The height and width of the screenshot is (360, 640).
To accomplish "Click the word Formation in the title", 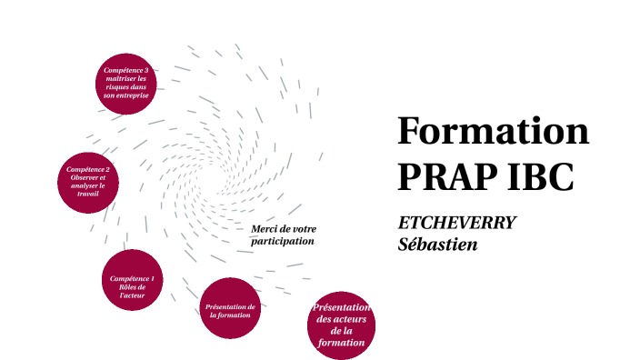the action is [494, 133].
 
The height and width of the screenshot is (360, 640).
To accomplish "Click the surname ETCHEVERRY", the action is [457, 224].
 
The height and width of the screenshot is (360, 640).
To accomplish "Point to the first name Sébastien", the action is [438, 244].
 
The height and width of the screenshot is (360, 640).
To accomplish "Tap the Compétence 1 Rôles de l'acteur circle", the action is [132, 281].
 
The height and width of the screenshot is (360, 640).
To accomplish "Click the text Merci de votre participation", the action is [283, 235].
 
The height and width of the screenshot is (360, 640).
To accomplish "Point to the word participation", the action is [283, 242].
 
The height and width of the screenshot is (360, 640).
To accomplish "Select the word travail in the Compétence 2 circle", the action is [88, 194].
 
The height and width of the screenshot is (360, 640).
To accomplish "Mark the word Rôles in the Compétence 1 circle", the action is [132, 287].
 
